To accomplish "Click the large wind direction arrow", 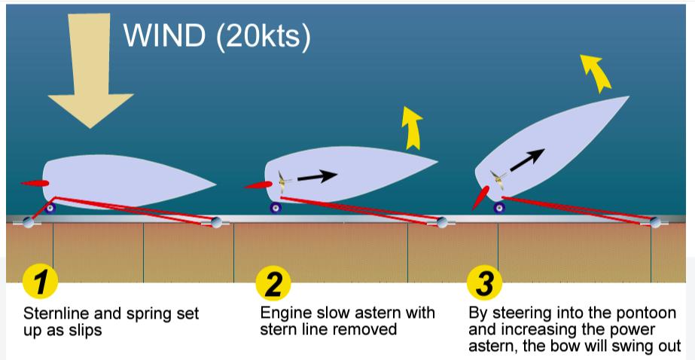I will (x=90, y=75).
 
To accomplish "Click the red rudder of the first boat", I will (x=35, y=183).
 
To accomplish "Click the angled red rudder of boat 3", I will (x=479, y=197).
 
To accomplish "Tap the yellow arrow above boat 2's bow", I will (x=411, y=127).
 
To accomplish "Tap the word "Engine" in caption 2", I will (x=282, y=312).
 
